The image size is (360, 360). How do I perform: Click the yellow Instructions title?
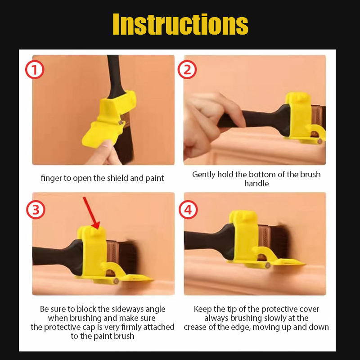[x=180, y=24]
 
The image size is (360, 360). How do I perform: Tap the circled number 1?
[x=35, y=70]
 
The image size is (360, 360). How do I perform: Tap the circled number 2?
[x=187, y=70]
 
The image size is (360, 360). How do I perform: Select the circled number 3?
[x=36, y=210]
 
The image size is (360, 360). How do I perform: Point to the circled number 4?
[x=188, y=210]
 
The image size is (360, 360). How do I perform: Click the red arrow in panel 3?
[x=92, y=213]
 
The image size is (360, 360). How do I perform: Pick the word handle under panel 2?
[x=256, y=184]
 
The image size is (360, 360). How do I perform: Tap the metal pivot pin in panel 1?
[x=120, y=122]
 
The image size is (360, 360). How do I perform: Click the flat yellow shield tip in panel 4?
[x=289, y=262]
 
